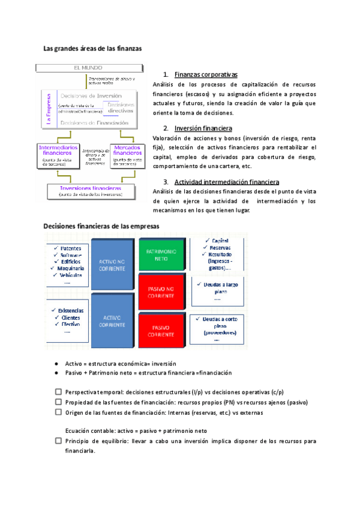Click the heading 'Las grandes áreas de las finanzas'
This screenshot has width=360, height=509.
tap(92, 49)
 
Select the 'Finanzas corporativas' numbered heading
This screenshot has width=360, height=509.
tap(206, 75)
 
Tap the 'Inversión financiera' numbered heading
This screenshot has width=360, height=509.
tap(203, 128)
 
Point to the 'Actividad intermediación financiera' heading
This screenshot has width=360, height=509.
tap(226, 182)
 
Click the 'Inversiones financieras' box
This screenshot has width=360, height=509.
tap(90, 190)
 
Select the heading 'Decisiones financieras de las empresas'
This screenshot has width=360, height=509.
tap(101, 226)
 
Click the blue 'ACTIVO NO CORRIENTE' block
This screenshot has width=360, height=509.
tap(112, 264)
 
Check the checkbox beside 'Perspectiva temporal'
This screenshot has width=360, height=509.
tap(58, 391)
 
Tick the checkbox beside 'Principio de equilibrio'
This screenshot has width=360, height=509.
tap(58, 441)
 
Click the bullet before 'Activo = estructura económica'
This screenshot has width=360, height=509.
tap(56, 364)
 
